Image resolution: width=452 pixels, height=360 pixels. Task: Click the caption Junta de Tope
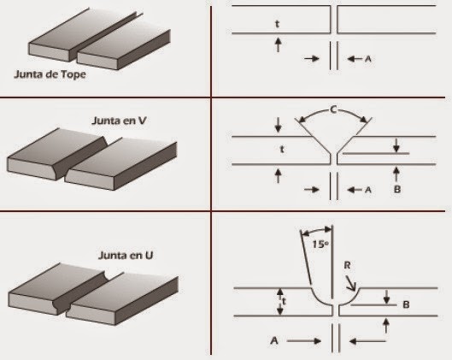click(x=50, y=74)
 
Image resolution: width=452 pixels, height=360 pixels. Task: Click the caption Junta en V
click(x=119, y=121)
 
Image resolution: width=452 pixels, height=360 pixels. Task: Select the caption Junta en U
click(x=126, y=256)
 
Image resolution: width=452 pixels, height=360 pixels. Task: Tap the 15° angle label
click(x=320, y=245)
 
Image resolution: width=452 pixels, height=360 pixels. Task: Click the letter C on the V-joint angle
click(x=333, y=110)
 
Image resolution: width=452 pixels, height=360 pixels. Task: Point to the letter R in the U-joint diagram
click(x=348, y=265)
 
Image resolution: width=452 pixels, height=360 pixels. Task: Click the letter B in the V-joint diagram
click(x=397, y=189)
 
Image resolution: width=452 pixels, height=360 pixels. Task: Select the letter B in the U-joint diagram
click(x=406, y=304)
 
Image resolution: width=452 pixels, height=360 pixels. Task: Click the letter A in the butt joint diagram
click(x=368, y=59)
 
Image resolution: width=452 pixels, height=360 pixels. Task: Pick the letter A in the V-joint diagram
click(x=368, y=190)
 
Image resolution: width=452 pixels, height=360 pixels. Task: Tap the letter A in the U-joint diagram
click(x=274, y=340)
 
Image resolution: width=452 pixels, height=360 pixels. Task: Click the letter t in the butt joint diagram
click(x=278, y=24)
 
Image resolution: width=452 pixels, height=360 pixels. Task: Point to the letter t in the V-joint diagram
click(x=282, y=149)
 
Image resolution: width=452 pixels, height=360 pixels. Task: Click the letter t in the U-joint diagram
click(x=285, y=302)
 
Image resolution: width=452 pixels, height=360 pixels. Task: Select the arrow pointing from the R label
click(x=351, y=283)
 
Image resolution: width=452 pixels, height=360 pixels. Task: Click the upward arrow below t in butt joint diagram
click(x=278, y=44)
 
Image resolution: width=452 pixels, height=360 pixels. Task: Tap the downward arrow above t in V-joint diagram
click(x=278, y=125)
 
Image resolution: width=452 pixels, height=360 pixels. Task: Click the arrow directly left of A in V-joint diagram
click(x=355, y=190)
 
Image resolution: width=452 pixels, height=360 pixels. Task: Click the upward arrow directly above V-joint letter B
click(x=396, y=174)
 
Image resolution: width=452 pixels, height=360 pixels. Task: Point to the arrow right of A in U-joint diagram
click(x=304, y=341)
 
